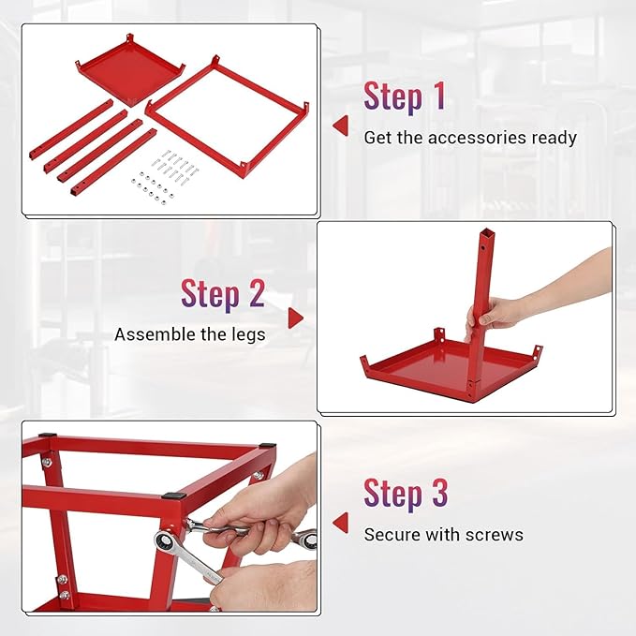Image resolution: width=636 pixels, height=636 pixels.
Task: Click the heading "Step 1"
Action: [x=405, y=96]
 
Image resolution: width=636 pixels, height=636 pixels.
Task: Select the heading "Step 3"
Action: [x=406, y=494]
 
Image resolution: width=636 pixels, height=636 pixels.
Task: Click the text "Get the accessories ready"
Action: [x=470, y=138]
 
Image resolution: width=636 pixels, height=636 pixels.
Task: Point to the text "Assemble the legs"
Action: [x=189, y=334]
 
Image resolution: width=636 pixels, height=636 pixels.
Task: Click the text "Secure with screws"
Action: [x=443, y=535]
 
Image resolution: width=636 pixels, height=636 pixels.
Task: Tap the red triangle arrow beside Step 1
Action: [x=340, y=126]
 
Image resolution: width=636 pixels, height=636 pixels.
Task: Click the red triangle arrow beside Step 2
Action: [x=296, y=318]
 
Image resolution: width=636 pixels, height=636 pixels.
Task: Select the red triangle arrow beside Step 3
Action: [x=340, y=523]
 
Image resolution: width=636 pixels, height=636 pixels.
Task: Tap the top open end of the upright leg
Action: [x=485, y=233]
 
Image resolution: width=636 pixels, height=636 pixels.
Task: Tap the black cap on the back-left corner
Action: [x=46, y=437]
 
